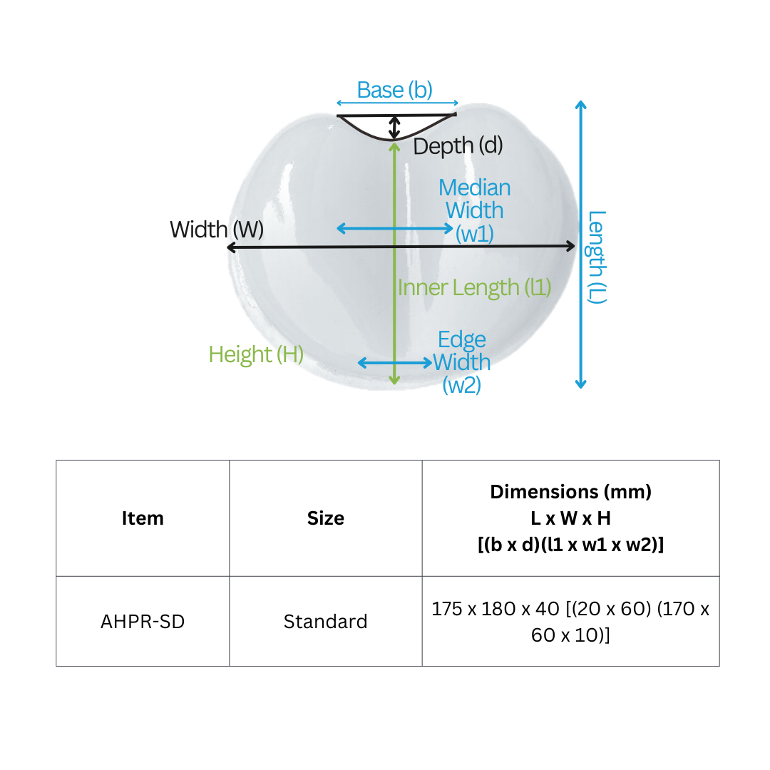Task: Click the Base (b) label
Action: point(394,91)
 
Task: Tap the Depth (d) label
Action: point(458,146)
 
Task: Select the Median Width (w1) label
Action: point(474,210)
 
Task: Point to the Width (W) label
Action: point(216,230)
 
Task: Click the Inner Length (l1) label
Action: point(474,287)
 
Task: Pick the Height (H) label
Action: point(256,354)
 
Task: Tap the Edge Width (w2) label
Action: point(462,361)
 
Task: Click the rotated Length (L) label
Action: point(597,257)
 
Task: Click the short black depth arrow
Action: point(394,128)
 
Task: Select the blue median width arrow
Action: point(394,228)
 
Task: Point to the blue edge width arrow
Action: point(394,363)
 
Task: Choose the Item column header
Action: point(143,518)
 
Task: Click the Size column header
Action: point(326,518)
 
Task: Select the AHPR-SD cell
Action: point(143,622)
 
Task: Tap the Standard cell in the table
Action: point(326,622)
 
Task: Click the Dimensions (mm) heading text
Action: point(570,492)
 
